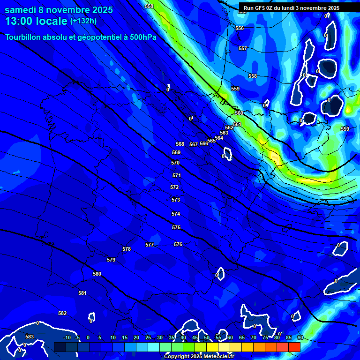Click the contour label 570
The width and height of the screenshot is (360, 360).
tap(175, 163)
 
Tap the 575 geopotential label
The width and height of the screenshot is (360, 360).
tap(176, 227)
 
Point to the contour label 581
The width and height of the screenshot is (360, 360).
tap(82, 293)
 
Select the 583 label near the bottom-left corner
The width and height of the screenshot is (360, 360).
tap(30, 337)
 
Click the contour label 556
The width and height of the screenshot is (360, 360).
tap(240, 28)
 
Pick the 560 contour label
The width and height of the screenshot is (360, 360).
tap(239, 113)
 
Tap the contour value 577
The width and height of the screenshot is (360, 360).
tap(150, 245)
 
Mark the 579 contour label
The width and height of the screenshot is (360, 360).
tap(111, 260)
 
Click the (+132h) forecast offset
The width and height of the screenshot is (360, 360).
tap(83, 21)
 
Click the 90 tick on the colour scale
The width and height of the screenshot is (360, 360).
tap(300, 337)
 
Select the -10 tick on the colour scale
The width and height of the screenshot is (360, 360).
tap(67, 337)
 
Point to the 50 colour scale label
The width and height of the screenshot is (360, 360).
tap(206, 337)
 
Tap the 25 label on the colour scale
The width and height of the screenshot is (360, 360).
tap(148, 337)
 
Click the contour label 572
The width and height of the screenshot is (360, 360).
tap(174, 187)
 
